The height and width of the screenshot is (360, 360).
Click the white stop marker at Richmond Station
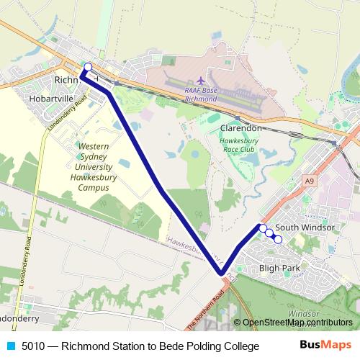pyautogui.click(x=88, y=67)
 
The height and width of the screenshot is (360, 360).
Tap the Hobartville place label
pyautogui.click(x=51, y=94)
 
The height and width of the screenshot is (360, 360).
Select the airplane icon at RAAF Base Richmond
pyautogui.click(x=200, y=79)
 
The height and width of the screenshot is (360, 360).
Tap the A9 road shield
pyautogui.click(x=310, y=181)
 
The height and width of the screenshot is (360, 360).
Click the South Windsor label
pyautogui.click(x=305, y=228)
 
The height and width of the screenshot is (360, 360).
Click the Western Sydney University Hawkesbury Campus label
pyautogui.click(x=94, y=166)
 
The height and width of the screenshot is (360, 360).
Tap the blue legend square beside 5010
pyautogui.click(x=9, y=346)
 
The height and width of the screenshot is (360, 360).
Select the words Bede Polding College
pyautogui.click(x=212, y=346)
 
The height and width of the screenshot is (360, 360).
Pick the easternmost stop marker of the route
pyautogui.click(x=279, y=239)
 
